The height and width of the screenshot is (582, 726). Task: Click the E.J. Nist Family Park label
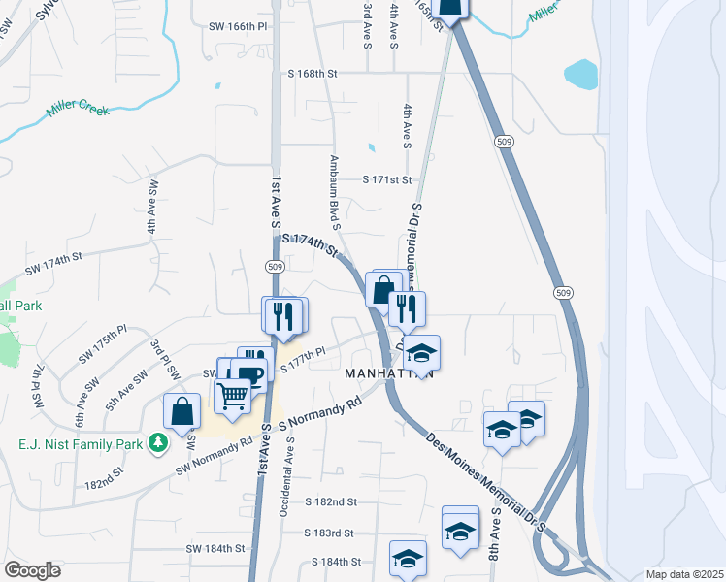tap(77, 444)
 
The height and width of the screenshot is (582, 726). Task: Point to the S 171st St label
tap(387, 179)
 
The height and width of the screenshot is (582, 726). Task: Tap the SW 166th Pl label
tap(238, 28)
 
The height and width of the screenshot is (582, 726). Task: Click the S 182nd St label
tap(331, 502)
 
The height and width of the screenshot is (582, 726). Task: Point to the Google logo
tap(32, 570)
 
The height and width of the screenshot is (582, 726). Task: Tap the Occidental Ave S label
tap(285, 475)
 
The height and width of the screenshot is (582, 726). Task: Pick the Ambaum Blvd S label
tap(335, 192)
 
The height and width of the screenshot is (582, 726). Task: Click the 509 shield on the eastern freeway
tap(563, 292)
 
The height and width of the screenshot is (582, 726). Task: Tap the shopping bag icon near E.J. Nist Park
tap(182, 410)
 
